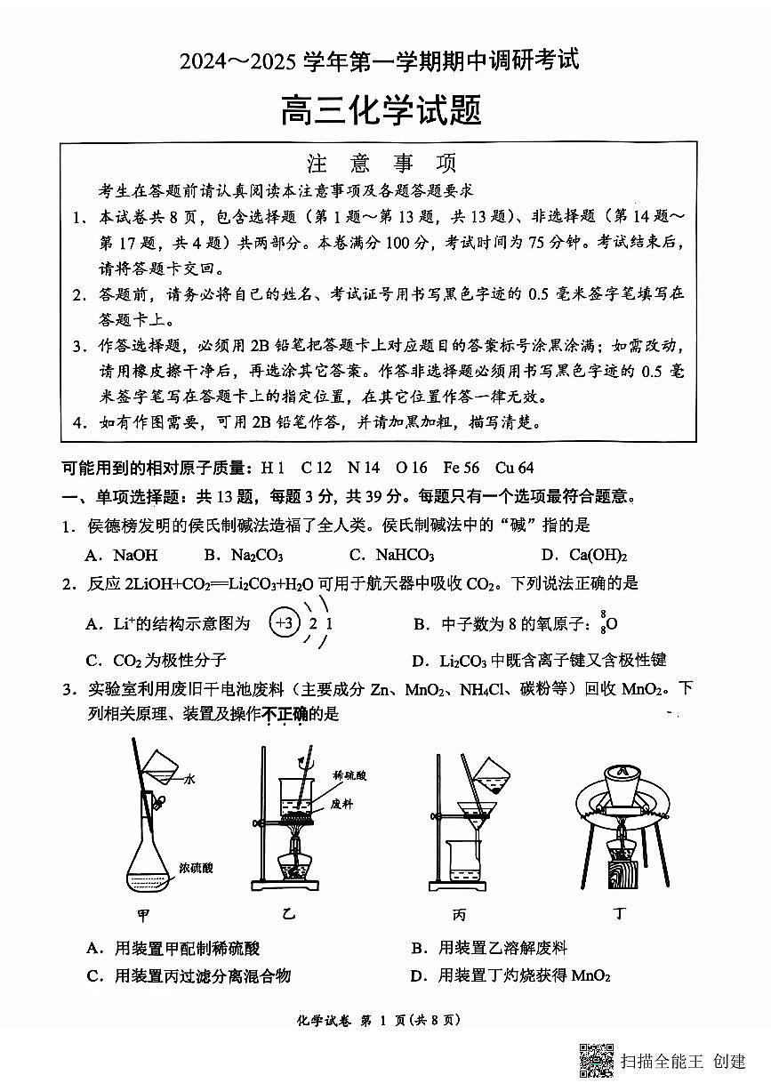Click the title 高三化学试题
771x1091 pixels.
coord(381,111)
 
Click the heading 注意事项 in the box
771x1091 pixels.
coord(381,164)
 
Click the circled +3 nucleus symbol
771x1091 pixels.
coord(285,624)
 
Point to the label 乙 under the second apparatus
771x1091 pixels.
coord(287,915)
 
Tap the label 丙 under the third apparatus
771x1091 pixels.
coord(460,915)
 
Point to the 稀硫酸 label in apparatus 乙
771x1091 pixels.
coord(347,775)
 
